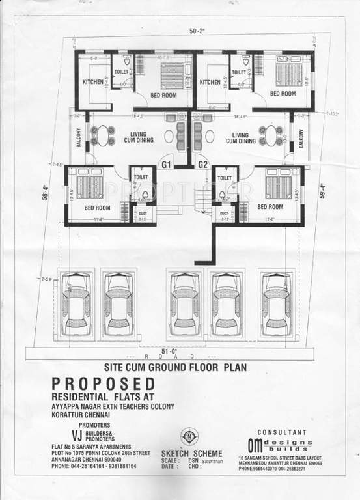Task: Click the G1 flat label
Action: coord(166,165)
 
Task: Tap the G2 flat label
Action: coord(202,165)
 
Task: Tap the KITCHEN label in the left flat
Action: coord(92,82)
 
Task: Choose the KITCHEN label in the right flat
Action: coord(210,82)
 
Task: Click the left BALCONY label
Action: coord(77,139)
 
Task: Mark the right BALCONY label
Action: coord(301,139)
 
